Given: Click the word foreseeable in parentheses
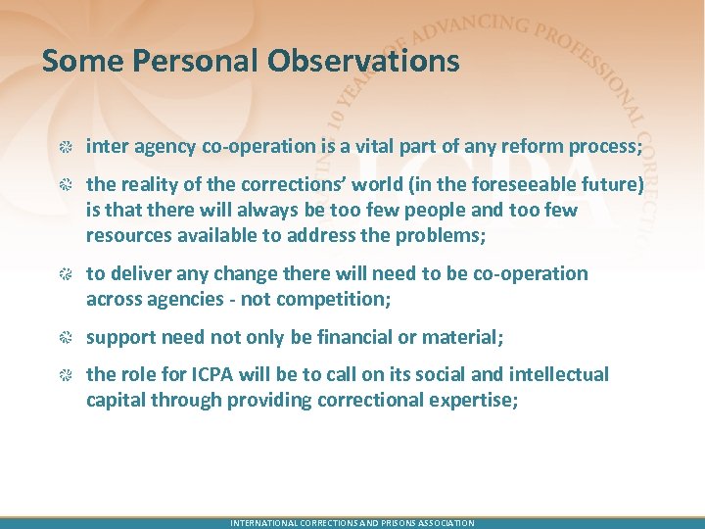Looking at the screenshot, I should click(x=501, y=184).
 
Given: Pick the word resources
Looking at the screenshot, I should click(x=127, y=235).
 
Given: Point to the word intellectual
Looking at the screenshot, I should click(x=553, y=374).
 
